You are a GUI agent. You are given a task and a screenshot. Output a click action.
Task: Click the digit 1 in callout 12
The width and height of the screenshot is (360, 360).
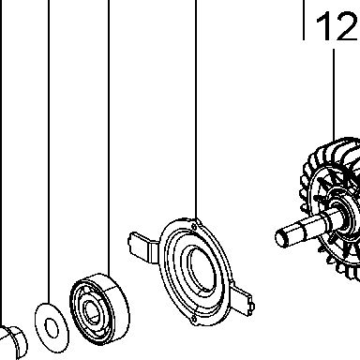tap(325, 26)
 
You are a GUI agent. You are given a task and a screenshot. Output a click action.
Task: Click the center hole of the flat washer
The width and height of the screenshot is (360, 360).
tap(52, 328)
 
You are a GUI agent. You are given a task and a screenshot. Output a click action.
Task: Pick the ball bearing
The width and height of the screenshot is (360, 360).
tap(99, 308)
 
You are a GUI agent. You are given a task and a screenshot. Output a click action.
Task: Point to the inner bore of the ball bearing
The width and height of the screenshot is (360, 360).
tap(93, 312)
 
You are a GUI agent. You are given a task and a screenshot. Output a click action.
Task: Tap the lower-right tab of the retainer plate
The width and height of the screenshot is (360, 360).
tap(243, 300)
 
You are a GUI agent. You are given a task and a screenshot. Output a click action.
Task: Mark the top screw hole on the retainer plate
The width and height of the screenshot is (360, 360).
tap(194, 226)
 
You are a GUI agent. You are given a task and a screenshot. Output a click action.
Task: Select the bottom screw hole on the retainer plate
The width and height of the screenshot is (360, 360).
tap(194, 319)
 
